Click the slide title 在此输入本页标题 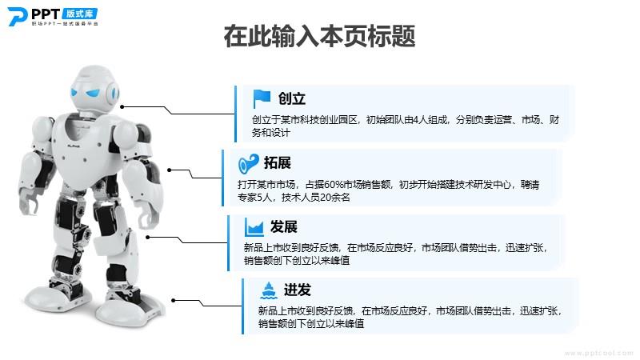[319, 36]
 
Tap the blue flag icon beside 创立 [262, 98]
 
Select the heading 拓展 [277, 163]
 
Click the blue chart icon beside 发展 [254, 227]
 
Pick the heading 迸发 [297, 290]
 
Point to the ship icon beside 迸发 [269, 290]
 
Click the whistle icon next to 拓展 [249, 164]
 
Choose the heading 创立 [291, 98]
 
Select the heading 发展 [284, 226]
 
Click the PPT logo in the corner [53, 17]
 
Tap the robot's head [94, 88]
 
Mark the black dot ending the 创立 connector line [122, 107]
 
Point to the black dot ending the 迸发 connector [174, 301]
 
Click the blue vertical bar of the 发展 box [229, 243]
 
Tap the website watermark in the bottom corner [598, 353]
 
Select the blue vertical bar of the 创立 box [235, 114]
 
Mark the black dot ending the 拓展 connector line [170, 170]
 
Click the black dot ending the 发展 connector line [148, 237]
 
